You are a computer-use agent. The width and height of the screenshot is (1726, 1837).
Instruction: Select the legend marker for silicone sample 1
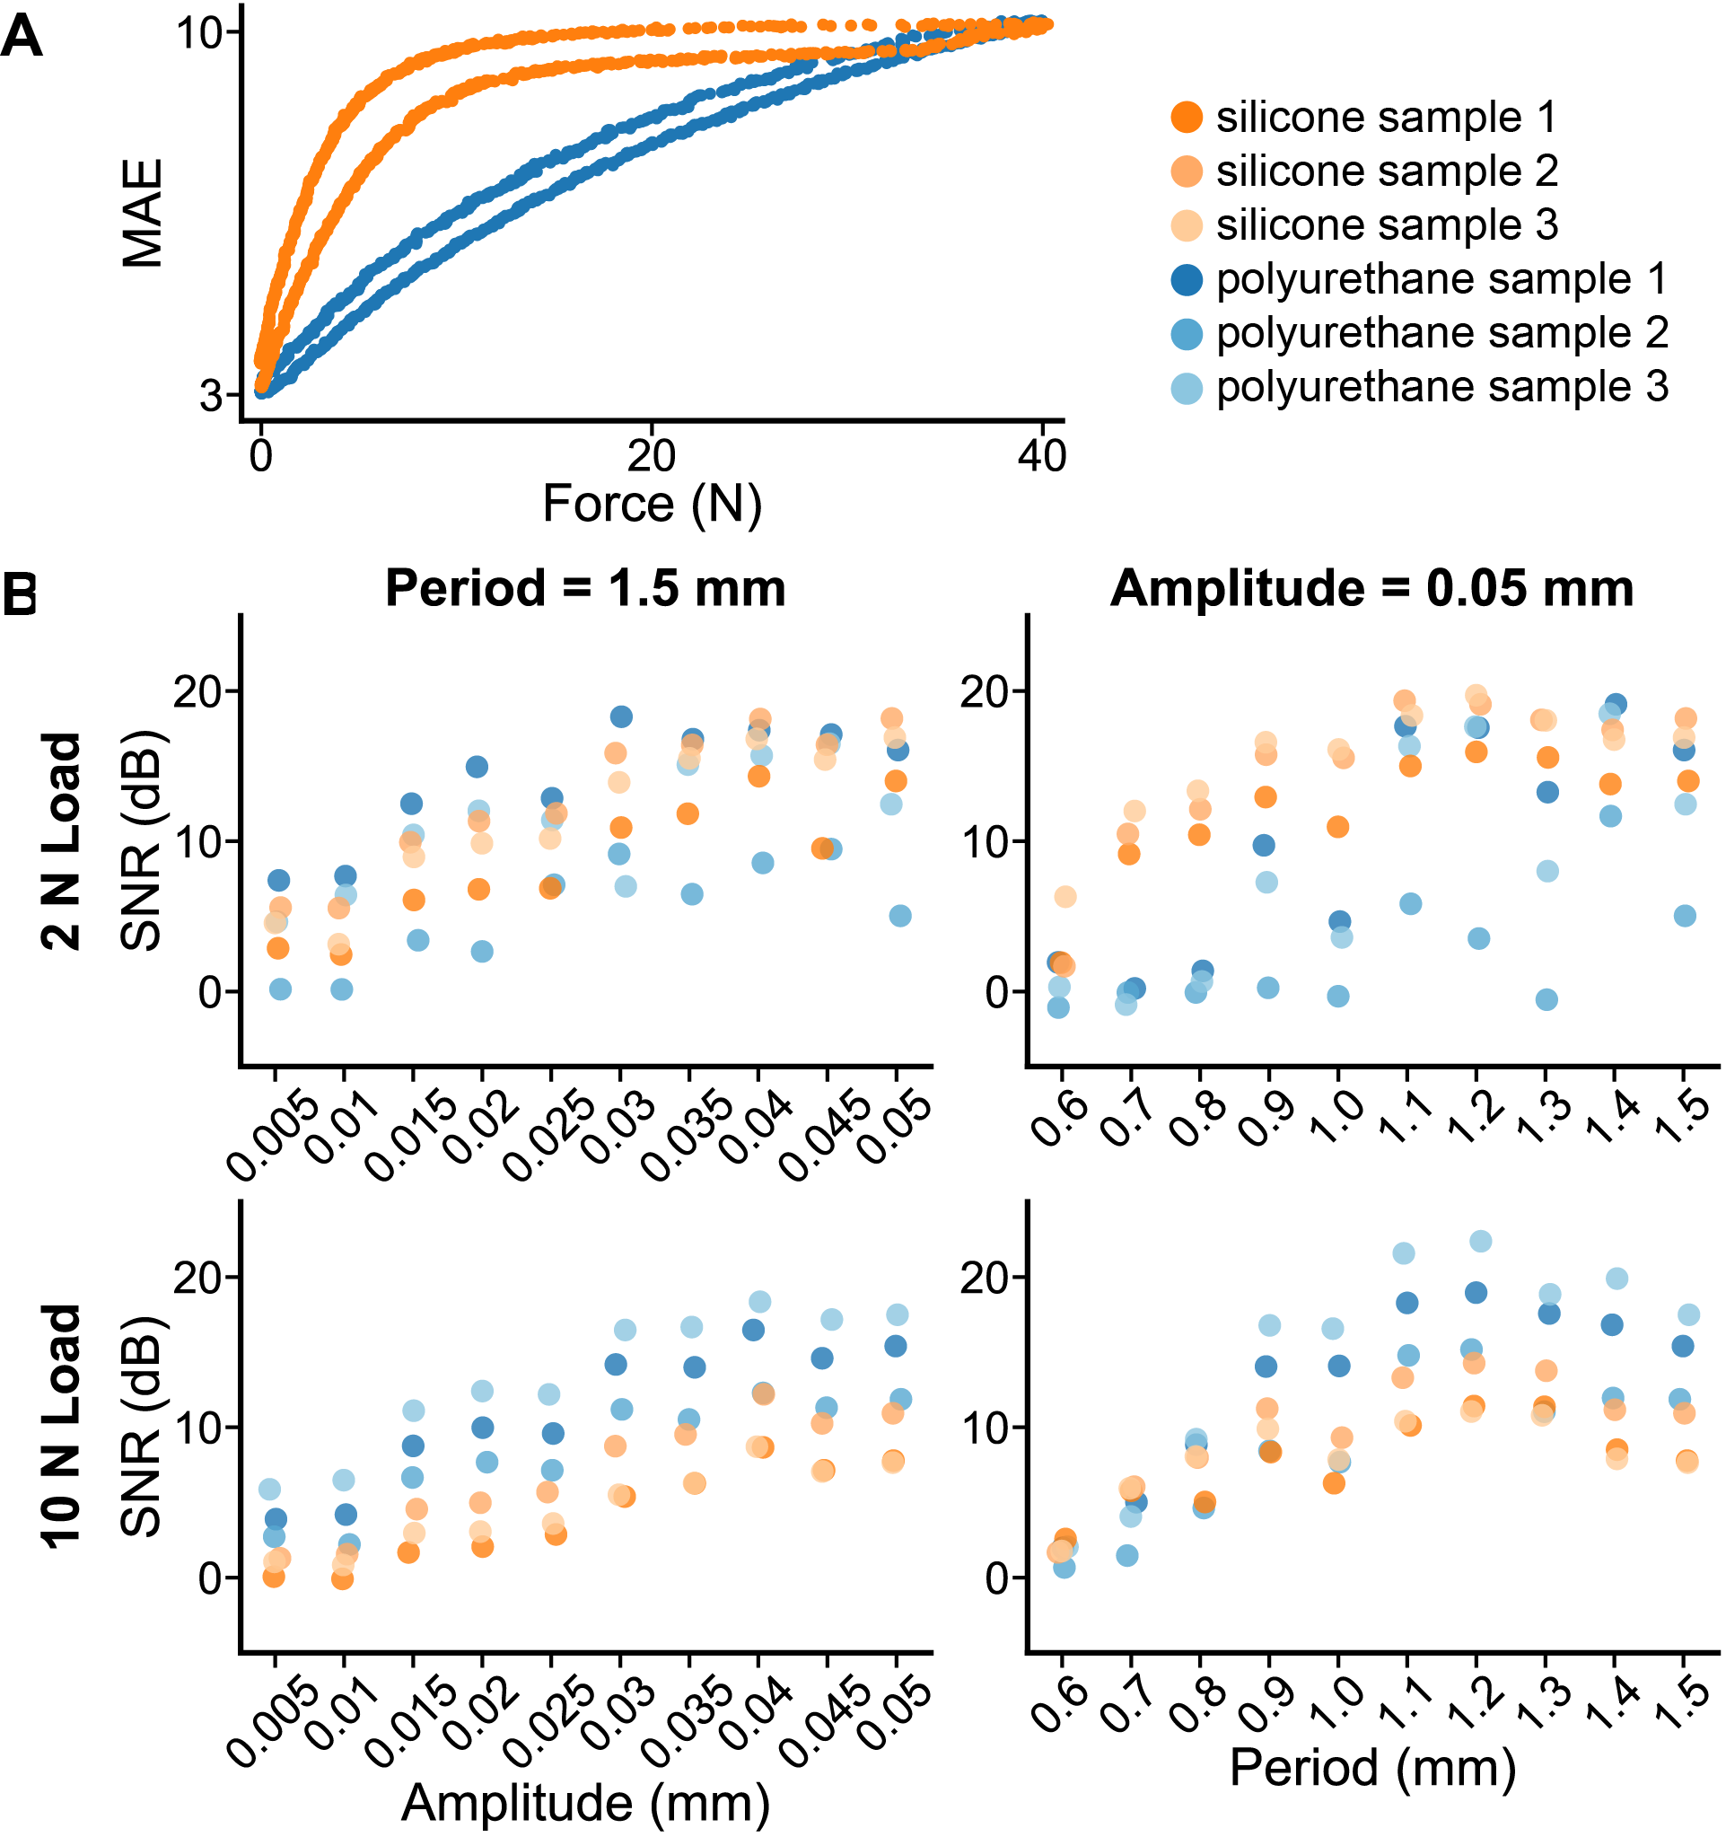pyautogui.click(x=1187, y=118)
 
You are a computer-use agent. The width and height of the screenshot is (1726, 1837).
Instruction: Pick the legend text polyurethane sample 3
pyautogui.click(x=1441, y=386)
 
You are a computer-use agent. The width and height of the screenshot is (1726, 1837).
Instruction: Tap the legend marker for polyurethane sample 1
pyautogui.click(x=1187, y=279)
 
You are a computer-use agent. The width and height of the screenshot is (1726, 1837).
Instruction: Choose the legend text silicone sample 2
pyautogui.click(x=1386, y=171)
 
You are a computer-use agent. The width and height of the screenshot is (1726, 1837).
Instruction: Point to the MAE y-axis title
pyautogui.click(x=143, y=214)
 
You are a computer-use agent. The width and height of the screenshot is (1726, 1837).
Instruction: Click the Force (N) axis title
pyautogui.click(x=652, y=505)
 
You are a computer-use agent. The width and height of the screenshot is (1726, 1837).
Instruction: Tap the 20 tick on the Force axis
pyautogui.click(x=652, y=455)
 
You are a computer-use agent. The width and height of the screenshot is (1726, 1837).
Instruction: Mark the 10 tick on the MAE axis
pyautogui.click(x=197, y=33)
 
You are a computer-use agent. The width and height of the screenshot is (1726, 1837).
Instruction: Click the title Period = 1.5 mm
pyautogui.click(x=585, y=589)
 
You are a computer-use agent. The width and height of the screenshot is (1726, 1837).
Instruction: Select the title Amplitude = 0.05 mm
pyautogui.click(x=1371, y=589)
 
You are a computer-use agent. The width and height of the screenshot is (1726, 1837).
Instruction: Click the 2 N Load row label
pyautogui.click(x=63, y=841)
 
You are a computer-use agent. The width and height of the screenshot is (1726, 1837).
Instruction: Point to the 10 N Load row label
pyautogui.click(x=63, y=1426)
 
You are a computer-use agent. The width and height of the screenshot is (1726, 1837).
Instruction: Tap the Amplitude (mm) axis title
pyautogui.click(x=585, y=1803)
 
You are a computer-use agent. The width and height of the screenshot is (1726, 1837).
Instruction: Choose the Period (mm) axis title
pyautogui.click(x=1373, y=1768)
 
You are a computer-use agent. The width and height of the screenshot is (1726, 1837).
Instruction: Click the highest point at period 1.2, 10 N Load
pyautogui.click(x=1480, y=1241)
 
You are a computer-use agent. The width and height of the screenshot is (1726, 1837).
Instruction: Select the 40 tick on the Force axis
pyautogui.click(x=1042, y=455)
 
